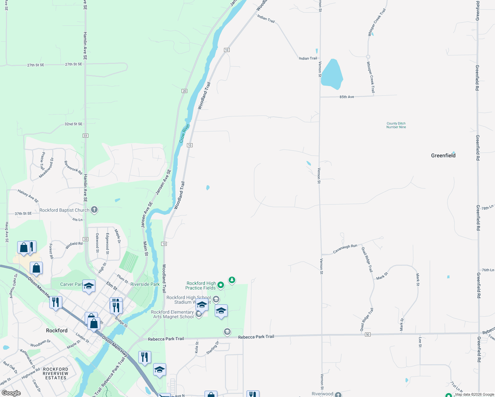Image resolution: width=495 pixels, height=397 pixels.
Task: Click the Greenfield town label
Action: [x=443, y=155]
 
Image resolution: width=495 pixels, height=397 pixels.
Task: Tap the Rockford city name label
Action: [x=57, y=331]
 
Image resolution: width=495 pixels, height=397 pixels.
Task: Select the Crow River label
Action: [x=184, y=133]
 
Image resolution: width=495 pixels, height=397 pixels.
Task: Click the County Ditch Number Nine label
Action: [x=396, y=125]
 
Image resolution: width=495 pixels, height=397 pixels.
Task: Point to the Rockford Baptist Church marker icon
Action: [x=94, y=210]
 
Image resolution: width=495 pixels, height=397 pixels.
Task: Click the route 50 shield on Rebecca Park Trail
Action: [x=368, y=335]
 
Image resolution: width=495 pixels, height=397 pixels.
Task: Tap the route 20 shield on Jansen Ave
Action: [x=184, y=91]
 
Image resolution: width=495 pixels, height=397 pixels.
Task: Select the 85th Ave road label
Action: [x=346, y=97]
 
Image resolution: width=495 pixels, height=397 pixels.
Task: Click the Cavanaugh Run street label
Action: [x=345, y=249]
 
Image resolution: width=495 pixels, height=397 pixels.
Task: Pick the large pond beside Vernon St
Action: [x=332, y=74]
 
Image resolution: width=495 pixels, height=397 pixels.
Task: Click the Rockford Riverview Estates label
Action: [x=56, y=374]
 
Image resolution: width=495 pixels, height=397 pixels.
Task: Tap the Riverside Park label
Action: [x=145, y=284]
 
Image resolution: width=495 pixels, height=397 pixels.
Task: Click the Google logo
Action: [x=11, y=393]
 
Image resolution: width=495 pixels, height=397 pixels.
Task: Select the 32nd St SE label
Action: [x=73, y=124]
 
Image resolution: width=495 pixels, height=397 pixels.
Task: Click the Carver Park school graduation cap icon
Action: [x=89, y=286]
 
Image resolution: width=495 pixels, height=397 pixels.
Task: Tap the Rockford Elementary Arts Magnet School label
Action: [x=172, y=314]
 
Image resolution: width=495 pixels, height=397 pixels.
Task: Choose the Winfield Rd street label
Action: [x=74, y=245]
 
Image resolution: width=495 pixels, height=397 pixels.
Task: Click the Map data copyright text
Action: [x=474, y=394]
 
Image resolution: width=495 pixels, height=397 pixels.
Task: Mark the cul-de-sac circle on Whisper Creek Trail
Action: [x=368, y=57]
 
